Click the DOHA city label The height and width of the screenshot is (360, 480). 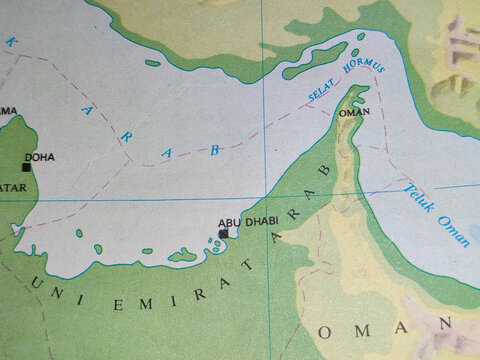pos(41,157)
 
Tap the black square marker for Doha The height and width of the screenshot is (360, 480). pos(26,166)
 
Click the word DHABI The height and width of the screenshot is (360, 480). pos(262,220)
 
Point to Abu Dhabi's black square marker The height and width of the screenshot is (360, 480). pos(223,233)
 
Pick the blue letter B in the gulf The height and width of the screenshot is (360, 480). pos(213,149)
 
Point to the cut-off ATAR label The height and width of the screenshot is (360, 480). pos(10,187)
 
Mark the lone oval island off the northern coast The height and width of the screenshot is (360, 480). pos(152,63)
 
